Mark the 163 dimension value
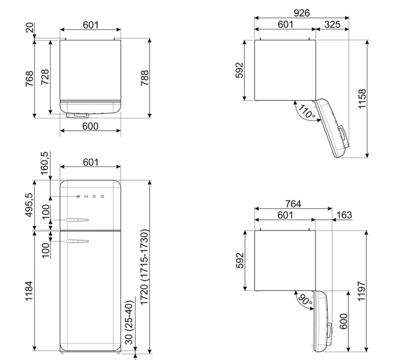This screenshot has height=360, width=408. click(344, 215)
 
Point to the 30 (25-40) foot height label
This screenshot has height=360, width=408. click(128, 331)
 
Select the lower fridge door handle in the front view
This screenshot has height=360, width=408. click(78, 241)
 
